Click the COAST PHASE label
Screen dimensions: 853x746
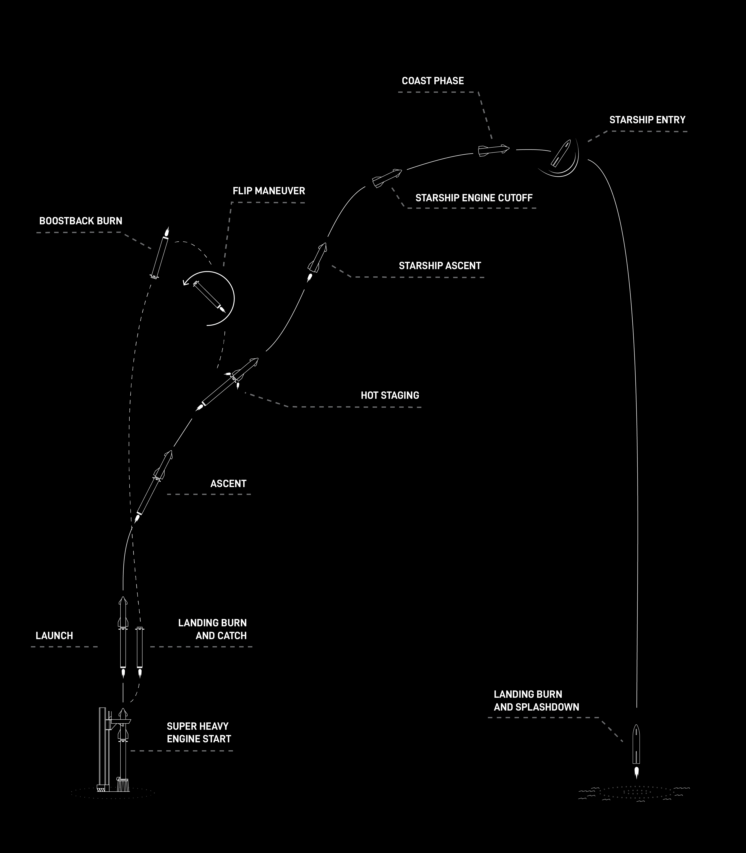point(432,81)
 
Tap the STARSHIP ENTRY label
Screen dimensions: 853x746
point(647,120)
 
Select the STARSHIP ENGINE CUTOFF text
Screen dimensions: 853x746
point(474,198)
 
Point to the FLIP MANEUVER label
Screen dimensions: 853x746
point(269,191)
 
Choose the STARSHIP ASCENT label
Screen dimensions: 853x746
point(440,266)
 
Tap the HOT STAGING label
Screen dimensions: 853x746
point(390,395)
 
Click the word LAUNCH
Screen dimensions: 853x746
point(54,635)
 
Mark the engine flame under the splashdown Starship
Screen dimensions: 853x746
point(636,773)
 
